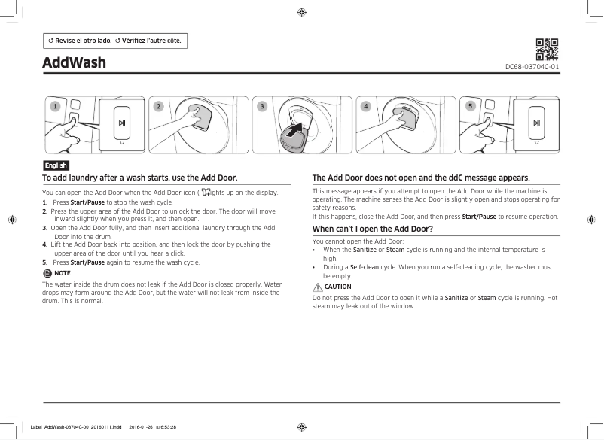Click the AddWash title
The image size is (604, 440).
pyautogui.click(x=74, y=62)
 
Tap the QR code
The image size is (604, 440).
pyautogui.click(x=546, y=49)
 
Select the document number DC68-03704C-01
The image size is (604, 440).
pyautogui.click(x=532, y=67)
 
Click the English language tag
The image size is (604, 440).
pyautogui.click(x=56, y=165)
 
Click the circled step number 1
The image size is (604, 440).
pyautogui.click(x=53, y=106)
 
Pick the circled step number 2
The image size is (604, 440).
pyautogui.click(x=158, y=106)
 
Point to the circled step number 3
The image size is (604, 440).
pyautogui.click(x=262, y=106)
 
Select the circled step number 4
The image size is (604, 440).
pyautogui.click(x=366, y=106)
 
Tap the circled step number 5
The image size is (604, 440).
pyautogui.click(x=470, y=106)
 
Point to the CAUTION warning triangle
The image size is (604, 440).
pyautogui.click(x=317, y=287)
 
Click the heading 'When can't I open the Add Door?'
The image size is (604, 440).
pyautogui.click(x=372, y=228)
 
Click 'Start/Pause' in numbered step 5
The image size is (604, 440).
pyautogui.click(x=88, y=262)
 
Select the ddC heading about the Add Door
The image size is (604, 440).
pyautogui.click(x=410, y=178)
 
